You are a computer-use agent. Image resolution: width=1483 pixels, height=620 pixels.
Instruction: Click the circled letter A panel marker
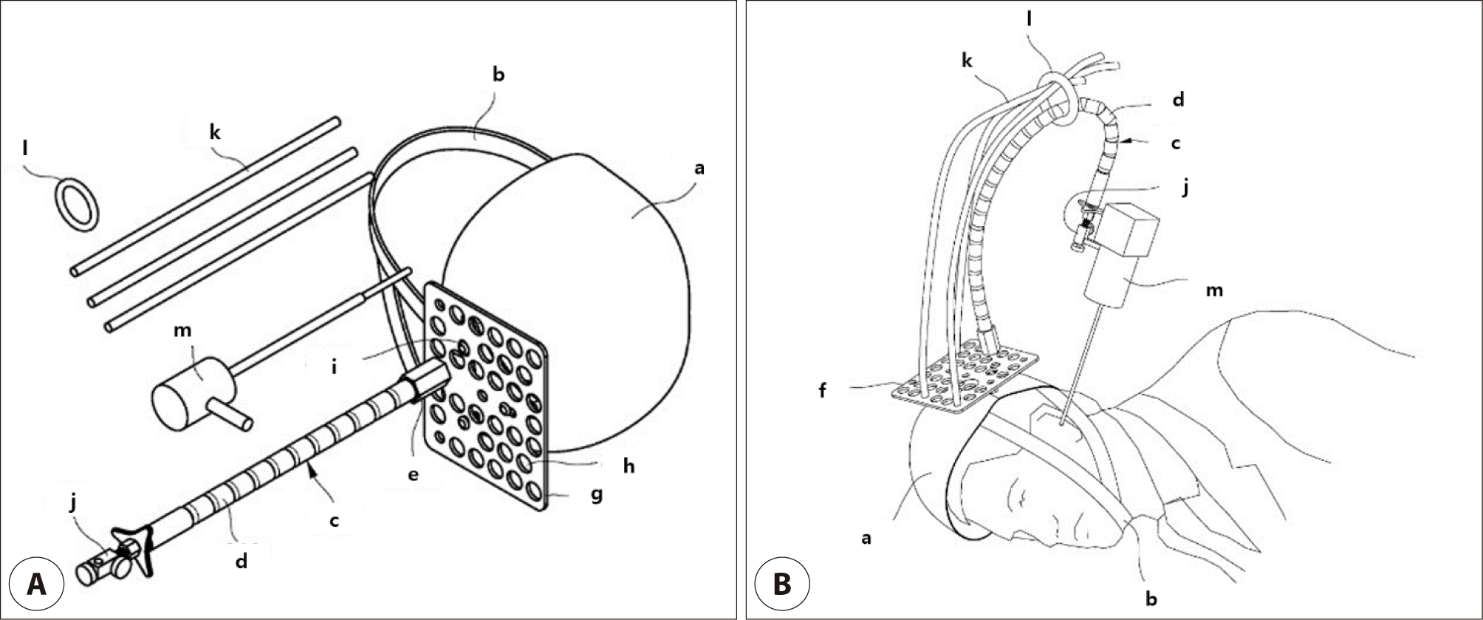pyautogui.click(x=35, y=585)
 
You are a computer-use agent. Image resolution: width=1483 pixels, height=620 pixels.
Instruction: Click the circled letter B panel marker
pyautogui.click(x=781, y=585)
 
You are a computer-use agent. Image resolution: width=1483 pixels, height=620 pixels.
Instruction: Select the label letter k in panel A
pyautogui.click(x=215, y=132)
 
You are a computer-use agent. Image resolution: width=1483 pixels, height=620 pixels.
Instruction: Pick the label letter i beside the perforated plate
pyautogui.click(x=334, y=366)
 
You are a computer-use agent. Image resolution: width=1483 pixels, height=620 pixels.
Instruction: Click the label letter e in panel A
pyautogui.click(x=413, y=474)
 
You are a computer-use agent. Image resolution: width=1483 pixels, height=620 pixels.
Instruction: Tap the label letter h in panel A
pyautogui.click(x=629, y=466)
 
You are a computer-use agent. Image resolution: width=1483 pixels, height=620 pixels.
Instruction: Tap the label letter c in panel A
pyautogui.click(x=334, y=520)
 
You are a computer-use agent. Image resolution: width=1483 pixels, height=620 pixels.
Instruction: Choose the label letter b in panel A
pyautogui.click(x=499, y=75)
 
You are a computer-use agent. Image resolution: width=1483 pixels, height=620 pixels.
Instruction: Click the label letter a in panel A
pyautogui.click(x=699, y=168)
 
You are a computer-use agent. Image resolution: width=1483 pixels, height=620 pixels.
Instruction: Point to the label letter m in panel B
pyautogui.click(x=1213, y=290)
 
